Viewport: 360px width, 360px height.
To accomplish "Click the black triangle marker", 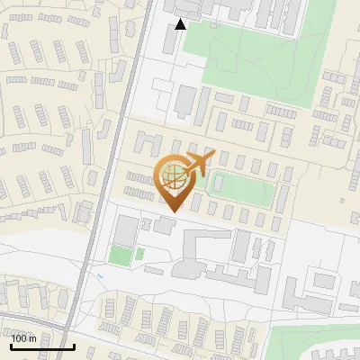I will tap(181, 24).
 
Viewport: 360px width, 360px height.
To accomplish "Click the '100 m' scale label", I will tap(24, 338).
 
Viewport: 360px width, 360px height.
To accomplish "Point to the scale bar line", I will tap(41, 346).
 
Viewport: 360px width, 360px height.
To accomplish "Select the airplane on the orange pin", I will tap(198, 164).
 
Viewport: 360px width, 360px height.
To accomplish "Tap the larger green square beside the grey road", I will tap(120, 255).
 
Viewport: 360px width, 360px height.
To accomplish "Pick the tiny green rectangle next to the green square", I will tap(140, 255).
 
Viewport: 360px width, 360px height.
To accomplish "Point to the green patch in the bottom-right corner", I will tap(315, 342).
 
